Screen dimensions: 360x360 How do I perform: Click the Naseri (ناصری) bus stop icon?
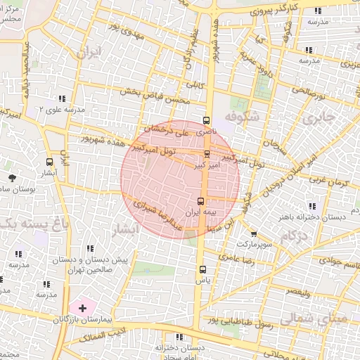pos(206,120)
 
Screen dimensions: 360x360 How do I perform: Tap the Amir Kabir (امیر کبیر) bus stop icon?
pos(207,153)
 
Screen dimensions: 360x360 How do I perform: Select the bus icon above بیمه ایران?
pos(201,202)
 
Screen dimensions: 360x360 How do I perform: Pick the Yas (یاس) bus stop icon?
pos(203,269)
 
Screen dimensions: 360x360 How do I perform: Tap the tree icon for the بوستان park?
pos(12,176)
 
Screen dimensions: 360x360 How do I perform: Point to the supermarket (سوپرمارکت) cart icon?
pos(254,234)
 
